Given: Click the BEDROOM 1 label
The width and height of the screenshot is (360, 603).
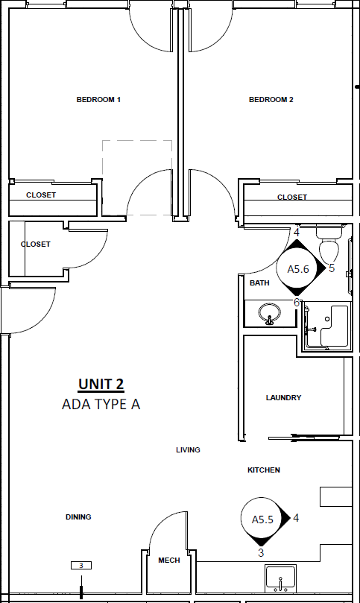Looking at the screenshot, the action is tap(98, 100).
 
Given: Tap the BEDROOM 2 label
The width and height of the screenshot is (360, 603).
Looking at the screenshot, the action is tap(271, 100).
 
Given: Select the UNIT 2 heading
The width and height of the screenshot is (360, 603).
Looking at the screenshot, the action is tap(101, 384).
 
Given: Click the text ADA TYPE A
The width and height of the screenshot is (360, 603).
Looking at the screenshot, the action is tap(101, 404).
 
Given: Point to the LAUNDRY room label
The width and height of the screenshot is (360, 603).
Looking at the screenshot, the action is tap(283, 397).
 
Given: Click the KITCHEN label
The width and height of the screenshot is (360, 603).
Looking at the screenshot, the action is tap(263, 470).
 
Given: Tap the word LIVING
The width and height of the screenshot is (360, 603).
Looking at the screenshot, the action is tap(188, 449).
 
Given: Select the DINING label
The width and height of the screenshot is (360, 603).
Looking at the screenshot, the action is tap(78, 517).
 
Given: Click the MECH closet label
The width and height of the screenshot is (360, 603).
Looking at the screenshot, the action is tap(169, 561).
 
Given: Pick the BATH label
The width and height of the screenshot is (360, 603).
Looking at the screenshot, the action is tap(259, 283).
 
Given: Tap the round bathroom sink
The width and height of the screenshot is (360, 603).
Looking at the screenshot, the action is tap(270, 313).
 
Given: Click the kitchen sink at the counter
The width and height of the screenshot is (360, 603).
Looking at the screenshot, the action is tap(280, 578).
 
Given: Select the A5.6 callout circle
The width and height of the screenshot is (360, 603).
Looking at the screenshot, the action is tap(298, 268).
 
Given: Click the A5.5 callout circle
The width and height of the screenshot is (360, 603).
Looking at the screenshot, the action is tap(262, 519).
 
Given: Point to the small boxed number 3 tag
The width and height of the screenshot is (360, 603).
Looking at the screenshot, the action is tap(81, 565).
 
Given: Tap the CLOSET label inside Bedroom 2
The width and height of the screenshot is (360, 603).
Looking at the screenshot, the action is tap(292, 198).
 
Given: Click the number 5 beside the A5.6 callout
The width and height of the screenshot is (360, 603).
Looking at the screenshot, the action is tap(332, 268).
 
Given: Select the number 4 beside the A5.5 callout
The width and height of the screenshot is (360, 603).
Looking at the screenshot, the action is tap(296, 518).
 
